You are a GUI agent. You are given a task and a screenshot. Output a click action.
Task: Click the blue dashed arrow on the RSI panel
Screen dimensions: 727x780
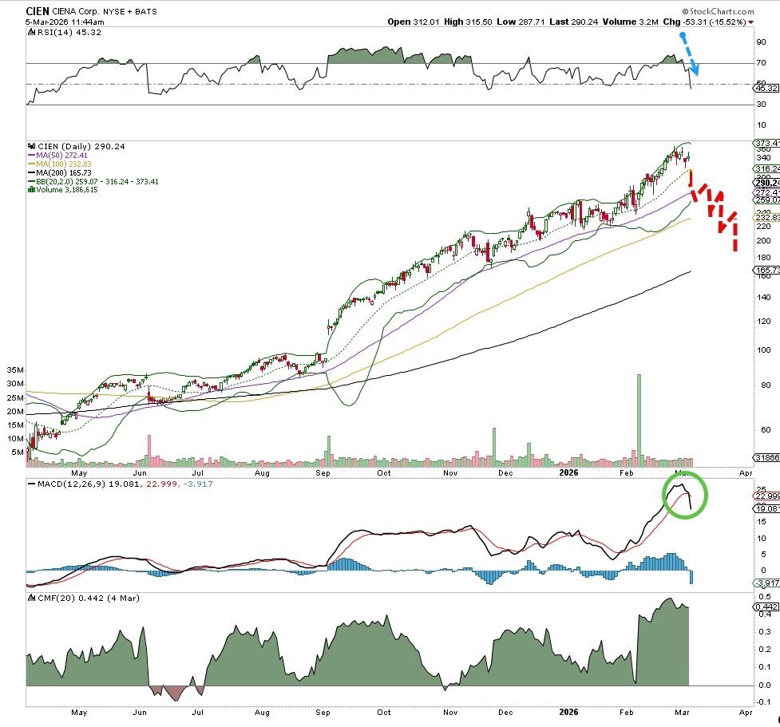click(x=689, y=56)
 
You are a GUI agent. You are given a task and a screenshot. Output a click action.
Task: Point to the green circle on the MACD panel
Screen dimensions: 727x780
click(x=683, y=496)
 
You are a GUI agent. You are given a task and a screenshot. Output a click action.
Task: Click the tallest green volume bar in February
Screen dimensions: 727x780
click(x=639, y=419)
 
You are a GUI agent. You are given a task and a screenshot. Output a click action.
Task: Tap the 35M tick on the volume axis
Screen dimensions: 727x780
click(x=15, y=370)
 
